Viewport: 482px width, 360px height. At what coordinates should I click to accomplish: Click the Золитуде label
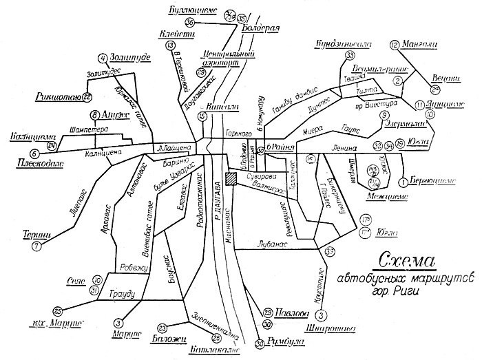click(131, 58)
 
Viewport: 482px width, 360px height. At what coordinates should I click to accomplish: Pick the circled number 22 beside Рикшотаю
click(87, 97)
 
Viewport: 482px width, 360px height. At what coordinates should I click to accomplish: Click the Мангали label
click(423, 45)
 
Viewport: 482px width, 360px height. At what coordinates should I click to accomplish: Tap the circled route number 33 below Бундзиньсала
click(350, 55)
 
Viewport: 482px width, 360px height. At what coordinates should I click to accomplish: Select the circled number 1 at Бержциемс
click(402, 182)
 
